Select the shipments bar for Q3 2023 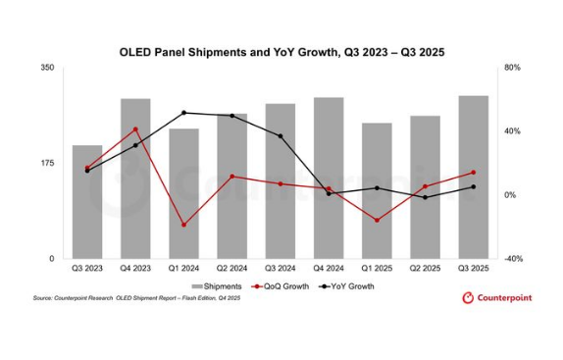tap(86, 202)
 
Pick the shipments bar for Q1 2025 tap(377, 190)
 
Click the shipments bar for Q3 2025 tap(473, 177)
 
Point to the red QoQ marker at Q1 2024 tap(183, 225)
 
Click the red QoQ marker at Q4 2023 tap(135, 129)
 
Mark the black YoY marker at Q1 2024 tap(183, 113)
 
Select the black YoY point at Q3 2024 tap(281, 136)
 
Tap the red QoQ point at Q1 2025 tap(377, 220)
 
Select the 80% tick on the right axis tap(512, 68)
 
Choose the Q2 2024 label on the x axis tap(231, 268)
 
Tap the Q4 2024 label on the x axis tap(329, 268)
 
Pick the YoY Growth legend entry tap(345, 286)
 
